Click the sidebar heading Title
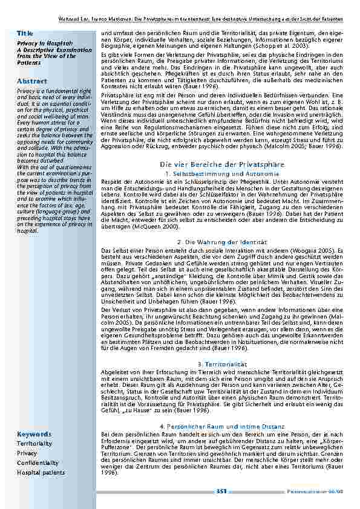(25, 33)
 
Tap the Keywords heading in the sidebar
(34, 417)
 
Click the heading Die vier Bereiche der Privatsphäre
(223, 164)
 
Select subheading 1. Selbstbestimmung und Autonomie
(223, 173)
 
